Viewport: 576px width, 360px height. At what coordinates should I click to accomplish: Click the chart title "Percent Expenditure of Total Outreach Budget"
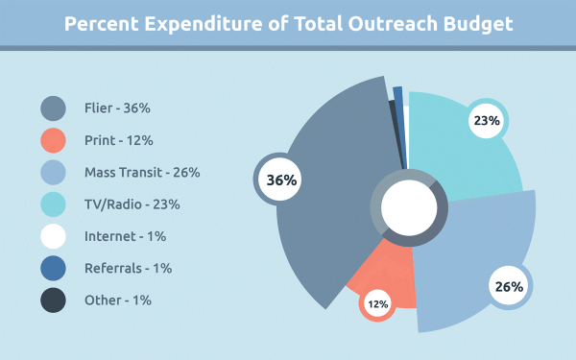pyautogui.click(x=288, y=24)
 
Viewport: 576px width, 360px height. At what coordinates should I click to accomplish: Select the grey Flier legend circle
pyautogui.click(x=53, y=108)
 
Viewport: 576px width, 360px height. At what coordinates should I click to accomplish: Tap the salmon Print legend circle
pyautogui.click(x=53, y=140)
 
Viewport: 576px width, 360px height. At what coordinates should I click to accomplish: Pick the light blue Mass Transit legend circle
pyautogui.click(x=53, y=172)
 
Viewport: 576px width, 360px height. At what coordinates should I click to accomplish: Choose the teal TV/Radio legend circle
pyautogui.click(x=53, y=204)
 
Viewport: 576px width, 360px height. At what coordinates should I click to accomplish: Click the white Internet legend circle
pyautogui.click(x=53, y=236)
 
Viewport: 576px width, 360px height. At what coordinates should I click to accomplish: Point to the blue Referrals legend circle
pyautogui.click(x=53, y=268)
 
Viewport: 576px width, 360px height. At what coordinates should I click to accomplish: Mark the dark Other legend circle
pyautogui.click(x=53, y=300)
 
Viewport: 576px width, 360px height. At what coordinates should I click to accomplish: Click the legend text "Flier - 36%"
pyautogui.click(x=117, y=108)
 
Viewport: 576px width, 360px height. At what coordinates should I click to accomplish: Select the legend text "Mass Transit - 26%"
pyautogui.click(x=142, y=172)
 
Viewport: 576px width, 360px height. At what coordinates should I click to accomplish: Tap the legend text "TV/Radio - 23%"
pyautogui.click(x=132, y=204)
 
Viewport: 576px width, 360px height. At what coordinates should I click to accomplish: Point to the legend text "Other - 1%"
pyautogui.click(x=118, y=300)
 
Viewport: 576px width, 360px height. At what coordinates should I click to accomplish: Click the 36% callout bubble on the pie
pyautogui.click(x=280, y=180)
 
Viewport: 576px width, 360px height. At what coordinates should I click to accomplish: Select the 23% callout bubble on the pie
pyautogui.click(x=487, y=120)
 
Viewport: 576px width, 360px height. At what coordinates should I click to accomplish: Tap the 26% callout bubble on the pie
pyautogui.click(x=509, y=286)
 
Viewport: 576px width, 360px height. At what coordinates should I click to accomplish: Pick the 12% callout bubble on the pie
pyautogui.click(x=377, y=303)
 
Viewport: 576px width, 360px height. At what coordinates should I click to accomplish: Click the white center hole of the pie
pyautogui.click(x=409, y=208)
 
